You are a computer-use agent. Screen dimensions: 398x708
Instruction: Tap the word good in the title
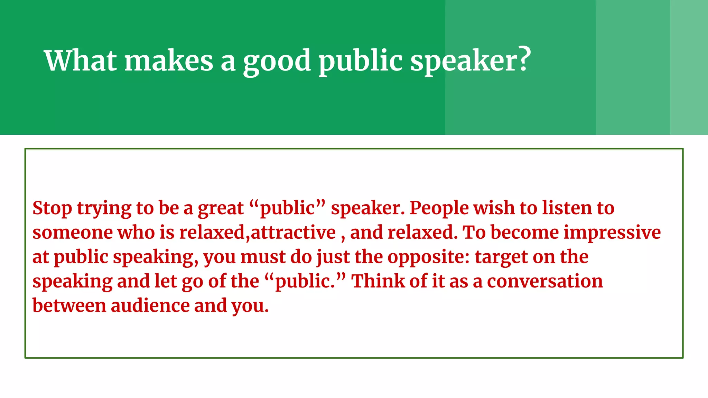[277, 61]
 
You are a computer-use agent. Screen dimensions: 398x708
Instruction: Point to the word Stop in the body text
[52, 208]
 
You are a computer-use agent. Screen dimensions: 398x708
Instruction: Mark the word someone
[73, 233]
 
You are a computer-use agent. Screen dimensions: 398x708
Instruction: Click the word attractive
[293, 233]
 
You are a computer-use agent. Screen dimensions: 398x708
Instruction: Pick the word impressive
[612, 233]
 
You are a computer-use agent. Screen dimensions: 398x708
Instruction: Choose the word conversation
[545, 281]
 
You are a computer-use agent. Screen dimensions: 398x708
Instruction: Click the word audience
[150, 306]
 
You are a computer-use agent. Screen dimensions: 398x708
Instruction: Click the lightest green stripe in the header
[689, 67]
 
